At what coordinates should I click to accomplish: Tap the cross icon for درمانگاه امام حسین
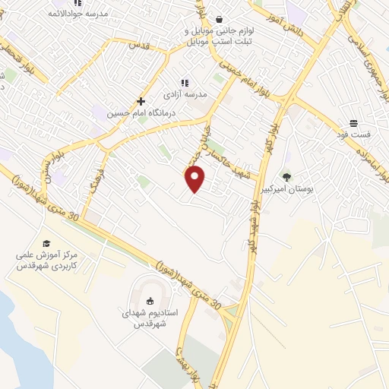[x=141, y=101]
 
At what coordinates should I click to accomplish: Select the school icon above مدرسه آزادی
[x=184, y=83]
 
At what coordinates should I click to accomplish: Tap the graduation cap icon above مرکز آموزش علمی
[x=46, y=243]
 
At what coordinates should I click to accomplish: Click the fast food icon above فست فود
[x=353, y=122]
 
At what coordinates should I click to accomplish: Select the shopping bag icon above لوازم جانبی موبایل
[x=220, y=20]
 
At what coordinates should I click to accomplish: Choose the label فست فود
[x=354, y=134]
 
